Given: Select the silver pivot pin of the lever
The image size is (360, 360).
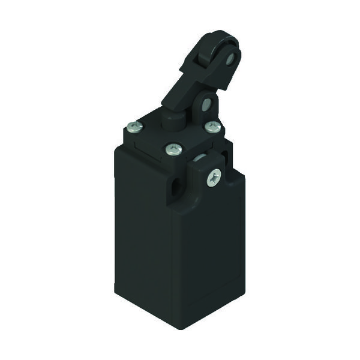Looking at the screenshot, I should pos(206,104).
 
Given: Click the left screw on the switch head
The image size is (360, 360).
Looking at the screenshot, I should pos(134,127).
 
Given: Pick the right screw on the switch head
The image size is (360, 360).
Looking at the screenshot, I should pos(212,127).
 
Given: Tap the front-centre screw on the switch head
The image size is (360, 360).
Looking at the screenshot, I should pos(173,148).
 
